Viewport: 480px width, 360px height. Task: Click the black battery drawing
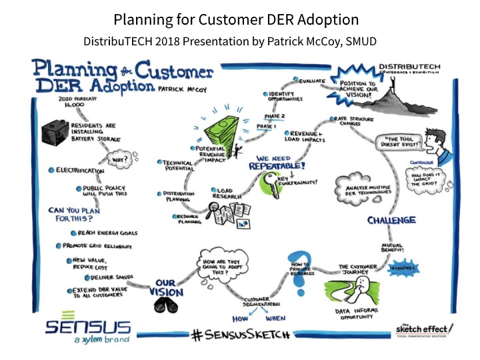(60, 130)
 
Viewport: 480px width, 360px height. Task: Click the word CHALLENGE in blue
(391, 220)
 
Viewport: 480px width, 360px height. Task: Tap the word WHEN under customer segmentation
(285, 319)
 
